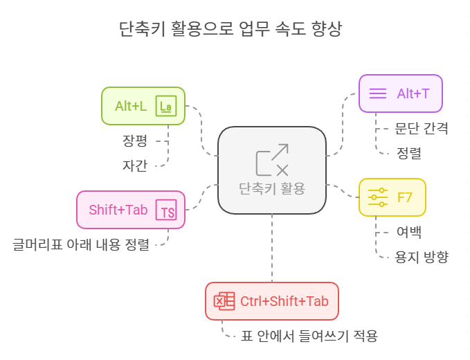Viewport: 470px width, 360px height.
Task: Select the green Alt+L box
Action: pos(143,106)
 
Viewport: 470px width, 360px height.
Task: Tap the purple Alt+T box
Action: pos(400,93)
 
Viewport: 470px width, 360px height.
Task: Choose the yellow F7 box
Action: pos(392,197)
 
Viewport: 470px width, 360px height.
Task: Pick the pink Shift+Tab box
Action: pos(131,209)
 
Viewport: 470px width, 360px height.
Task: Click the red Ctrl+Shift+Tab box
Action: pos(272,300)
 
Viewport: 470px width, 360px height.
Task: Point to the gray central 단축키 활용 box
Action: pos(272,170)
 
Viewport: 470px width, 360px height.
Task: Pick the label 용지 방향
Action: pos(422,256)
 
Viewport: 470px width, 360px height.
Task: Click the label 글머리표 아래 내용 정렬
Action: pos(81,244)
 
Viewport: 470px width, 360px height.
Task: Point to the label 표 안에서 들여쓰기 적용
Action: pos(309,336)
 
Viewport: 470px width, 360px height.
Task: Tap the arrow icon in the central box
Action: pos(272,160)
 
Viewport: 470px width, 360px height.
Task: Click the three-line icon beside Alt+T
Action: pos(377,93)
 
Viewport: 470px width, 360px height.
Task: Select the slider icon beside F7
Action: pos(377,197)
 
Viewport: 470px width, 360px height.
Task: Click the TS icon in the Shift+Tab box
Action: pos(166,210)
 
